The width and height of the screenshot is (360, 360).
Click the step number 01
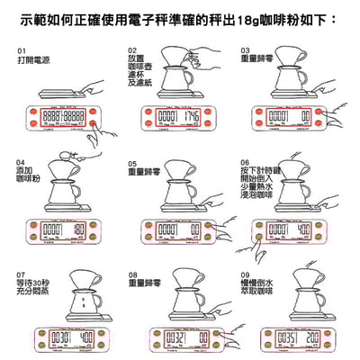point(22,50)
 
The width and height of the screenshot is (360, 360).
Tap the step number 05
point(132,160)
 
